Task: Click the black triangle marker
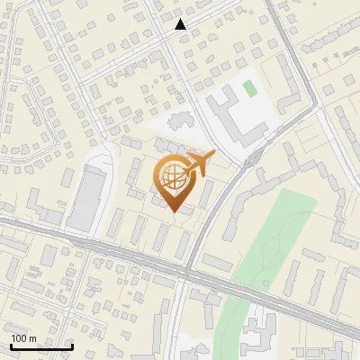tap(181, 24)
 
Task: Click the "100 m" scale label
tap(23, 338)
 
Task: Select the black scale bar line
tap(41, 346)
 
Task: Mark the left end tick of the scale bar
tap(11, 346)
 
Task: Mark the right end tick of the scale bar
tap(72, 346)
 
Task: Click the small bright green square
tap(249, 88)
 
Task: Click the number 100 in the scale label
tap(19, 338)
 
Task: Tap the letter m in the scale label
tap(32, 338)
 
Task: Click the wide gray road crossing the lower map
tap(99, 248)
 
